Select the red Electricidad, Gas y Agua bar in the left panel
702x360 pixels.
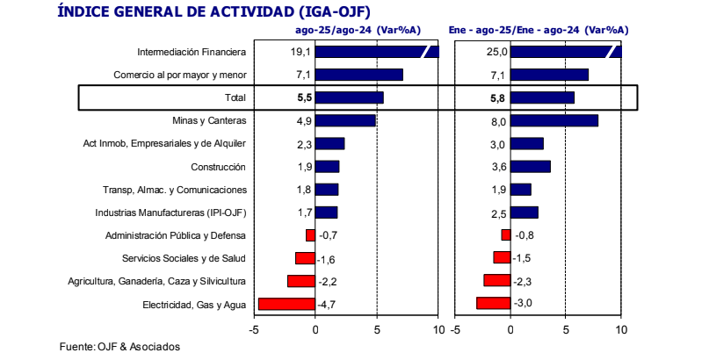click(286, 304)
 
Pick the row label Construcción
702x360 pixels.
click(218, 167)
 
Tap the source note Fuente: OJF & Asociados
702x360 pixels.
click(119, 346)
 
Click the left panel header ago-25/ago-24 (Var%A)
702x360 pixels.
click(358, 29)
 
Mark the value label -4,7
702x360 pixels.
click(327, 304)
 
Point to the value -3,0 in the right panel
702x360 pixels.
click(523, 304)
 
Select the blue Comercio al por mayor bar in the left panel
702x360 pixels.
click(358, 75)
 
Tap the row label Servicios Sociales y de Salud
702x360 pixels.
click(184, 258)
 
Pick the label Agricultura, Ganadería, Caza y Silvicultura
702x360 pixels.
click(156, 281)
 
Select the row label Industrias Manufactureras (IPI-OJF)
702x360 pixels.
click(170, 212)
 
